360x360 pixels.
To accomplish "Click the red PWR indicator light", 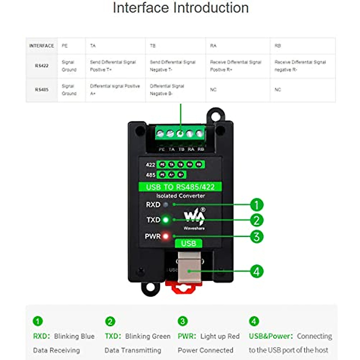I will pos(166,236).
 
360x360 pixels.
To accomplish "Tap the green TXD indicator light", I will pos(166,220).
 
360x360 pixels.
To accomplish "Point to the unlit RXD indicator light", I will pos(166,205).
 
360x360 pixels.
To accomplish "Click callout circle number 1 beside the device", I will pos(256,205).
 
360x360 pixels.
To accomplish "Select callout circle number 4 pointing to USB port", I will pos(256,272).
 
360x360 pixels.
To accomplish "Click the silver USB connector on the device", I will pos(189,267).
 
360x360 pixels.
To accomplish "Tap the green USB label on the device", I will pos(188,243).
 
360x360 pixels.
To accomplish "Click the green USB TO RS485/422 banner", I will pos(180,187).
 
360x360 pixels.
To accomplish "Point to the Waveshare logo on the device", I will pos(194,218).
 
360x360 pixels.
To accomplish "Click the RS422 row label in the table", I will pos(42,66).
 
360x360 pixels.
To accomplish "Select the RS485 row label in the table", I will pos(42,90).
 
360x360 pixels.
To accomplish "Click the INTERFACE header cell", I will pos(41,46).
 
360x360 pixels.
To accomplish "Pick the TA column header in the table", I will pos(93,46).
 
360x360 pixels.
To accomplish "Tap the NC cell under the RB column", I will pos(278,90).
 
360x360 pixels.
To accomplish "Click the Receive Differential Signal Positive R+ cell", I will pos(235,66).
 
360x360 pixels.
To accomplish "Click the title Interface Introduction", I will pos(181,8).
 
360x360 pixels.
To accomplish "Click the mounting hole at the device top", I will pos(216,115).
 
